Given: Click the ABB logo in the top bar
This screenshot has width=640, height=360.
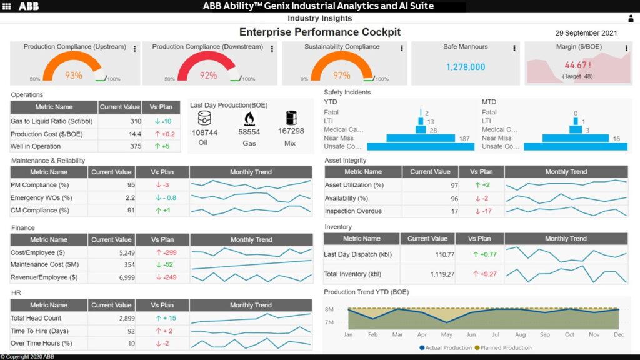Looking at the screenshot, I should coord(29,6).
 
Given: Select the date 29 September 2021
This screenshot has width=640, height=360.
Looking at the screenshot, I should coord(586,33).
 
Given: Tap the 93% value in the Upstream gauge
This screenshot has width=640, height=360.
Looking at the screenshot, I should coord(74,76).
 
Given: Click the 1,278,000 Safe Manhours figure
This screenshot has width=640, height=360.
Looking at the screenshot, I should coord(466,67).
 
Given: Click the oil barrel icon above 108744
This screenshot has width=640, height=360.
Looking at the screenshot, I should coord(204,118).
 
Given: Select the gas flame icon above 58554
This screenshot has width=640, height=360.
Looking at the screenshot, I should coord(249,118).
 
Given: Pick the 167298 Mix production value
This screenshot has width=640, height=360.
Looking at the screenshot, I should coord(291,132).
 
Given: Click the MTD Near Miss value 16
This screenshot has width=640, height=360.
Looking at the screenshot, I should coord(616,139).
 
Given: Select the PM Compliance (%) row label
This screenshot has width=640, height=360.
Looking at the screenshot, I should coord(41,185).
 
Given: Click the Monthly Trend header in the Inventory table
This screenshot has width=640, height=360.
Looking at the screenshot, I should coord(565,239).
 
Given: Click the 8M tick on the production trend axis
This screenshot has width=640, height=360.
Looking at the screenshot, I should coord(329,309).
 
